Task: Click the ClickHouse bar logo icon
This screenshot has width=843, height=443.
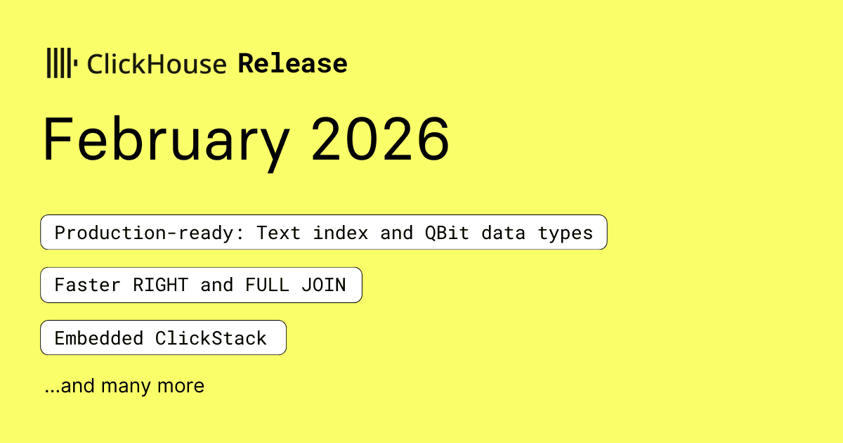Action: pyautogui.click(x=62, y=63)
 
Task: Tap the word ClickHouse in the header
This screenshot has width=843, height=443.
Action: pyautogui.click(x=157, y=64)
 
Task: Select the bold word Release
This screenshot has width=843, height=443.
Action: pyautogui.click(x=292, y=63)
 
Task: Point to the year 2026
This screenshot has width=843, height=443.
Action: pyautogui.click(x=380, y=139)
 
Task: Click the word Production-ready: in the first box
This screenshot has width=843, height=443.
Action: pyautogui.click(x=150, y=233)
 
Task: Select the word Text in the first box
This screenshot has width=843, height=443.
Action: pyautogui.click(x=278, y=233)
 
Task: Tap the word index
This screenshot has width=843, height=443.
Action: pyautogui.click(x=340, y=233)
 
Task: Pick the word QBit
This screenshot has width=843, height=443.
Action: pyautogui.click(x=447, y=233)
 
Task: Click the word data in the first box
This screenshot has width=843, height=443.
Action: pyautogui.click(x=503, y=233)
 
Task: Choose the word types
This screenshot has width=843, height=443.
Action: pyautogui.click(x=566, y=233)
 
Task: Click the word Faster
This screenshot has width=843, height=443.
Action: pyautogui.click(x=87, y=285)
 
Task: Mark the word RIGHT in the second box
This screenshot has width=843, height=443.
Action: pyautogui.click(x=160, y=285)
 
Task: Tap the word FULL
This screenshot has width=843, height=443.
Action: pyautogui.click(x=267, y=285)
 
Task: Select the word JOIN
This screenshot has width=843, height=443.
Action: pyautogui.click(x=324, y=285)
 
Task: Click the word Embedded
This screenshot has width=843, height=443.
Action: pyautogui.click(x=98, y=338)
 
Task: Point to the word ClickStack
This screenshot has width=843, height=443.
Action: pyautogui.click(x=211, y=338)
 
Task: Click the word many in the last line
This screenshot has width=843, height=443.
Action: pyautogui.click(x=126, y=387)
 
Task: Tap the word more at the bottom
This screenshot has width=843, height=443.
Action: pyautogui.click(x=181, y=386)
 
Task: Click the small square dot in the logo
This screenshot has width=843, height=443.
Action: pyautogui.click(x=75, y=63)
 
